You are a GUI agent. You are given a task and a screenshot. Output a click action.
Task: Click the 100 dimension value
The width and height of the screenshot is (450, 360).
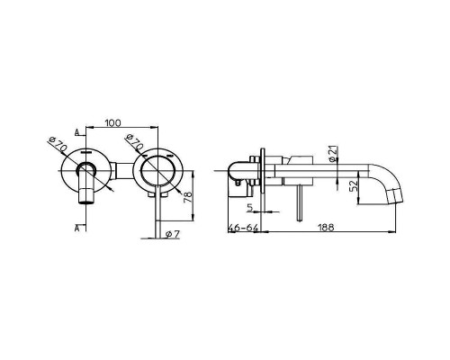coord(112,123)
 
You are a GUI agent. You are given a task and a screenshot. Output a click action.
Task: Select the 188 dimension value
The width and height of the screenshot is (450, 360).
coord(326,228)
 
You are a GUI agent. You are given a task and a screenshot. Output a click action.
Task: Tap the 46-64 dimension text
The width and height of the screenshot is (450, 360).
coord(243,228)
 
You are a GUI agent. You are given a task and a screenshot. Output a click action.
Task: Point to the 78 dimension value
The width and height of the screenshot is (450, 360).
coord(188,198)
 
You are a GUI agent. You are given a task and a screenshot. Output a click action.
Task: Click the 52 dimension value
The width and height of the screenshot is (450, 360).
coord(354,186)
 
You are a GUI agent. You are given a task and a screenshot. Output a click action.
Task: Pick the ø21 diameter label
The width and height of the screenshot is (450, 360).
coord(333,154)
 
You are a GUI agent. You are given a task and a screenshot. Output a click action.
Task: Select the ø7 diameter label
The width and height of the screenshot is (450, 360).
coord(172,234)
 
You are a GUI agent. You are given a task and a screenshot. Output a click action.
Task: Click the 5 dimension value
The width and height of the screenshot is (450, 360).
coord(249,207)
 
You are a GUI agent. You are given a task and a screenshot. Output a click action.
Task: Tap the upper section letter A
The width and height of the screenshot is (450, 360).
coord(77,132)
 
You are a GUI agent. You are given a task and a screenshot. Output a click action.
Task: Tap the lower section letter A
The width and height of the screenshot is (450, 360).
coord(77,228)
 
